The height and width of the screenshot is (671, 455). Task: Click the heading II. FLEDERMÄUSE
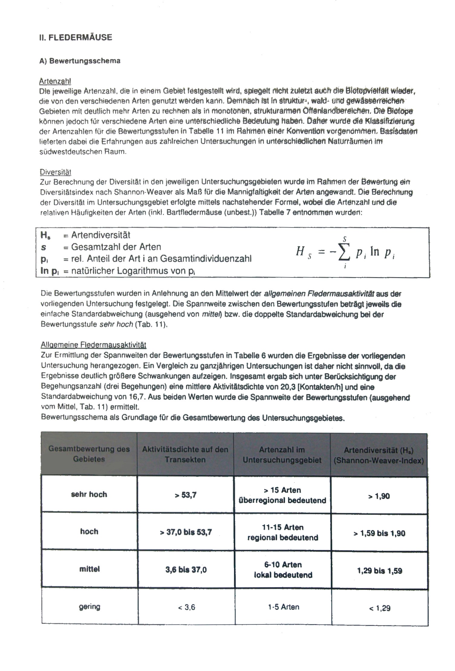click(76, 38)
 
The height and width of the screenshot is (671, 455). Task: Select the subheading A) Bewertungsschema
click(80, 61)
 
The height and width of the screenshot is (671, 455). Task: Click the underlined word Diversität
click(55, 172)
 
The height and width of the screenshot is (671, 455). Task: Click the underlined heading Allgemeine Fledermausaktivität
click(93, 345)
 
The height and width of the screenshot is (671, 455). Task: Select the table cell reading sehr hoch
click(89, 494)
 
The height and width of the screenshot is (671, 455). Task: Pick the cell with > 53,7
click(185, 495)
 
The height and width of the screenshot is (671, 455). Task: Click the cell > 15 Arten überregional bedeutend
click(282, 495)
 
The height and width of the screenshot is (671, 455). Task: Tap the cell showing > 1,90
click(379, 496)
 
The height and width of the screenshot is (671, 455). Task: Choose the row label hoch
click(89, 532)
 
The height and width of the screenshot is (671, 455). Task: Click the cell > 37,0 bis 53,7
click(186, 532)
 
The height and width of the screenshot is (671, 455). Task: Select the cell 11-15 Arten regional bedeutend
click(282, 532)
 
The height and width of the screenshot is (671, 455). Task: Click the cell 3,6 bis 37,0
click(186, 570)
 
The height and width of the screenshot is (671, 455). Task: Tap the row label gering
click(89, 606)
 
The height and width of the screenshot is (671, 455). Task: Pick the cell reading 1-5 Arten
click(283, 607)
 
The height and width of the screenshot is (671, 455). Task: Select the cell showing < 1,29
click(379, 607)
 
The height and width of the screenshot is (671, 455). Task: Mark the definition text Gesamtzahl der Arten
click(116, 247)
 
